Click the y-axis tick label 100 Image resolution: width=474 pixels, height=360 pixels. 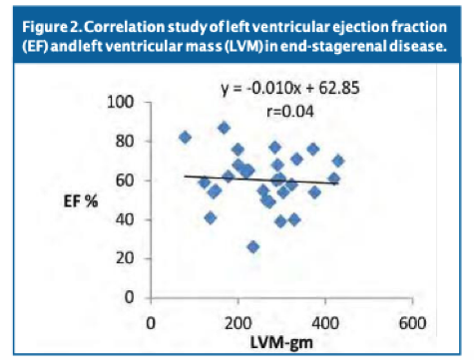pos(123,103)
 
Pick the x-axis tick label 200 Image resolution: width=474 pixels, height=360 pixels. pos(237,322)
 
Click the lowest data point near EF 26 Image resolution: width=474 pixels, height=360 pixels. pos(253,246)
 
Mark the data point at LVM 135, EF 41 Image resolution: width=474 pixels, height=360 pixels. pos(210,217)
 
